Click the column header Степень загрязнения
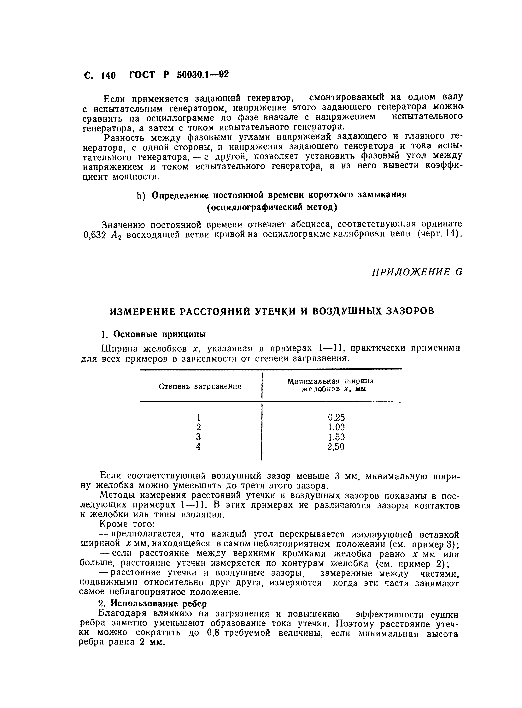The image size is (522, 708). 200,386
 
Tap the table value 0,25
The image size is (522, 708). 336,417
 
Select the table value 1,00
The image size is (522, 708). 336,427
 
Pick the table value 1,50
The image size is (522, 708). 336,437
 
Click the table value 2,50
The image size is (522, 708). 336,447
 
